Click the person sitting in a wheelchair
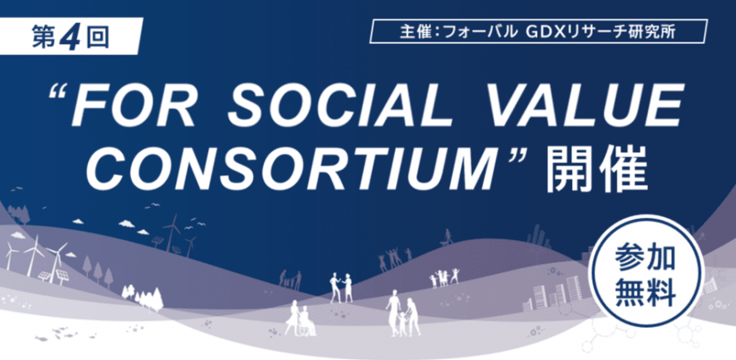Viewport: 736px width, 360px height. (x=306, y=322)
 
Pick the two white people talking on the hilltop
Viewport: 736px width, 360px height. (x=341, y=286)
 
